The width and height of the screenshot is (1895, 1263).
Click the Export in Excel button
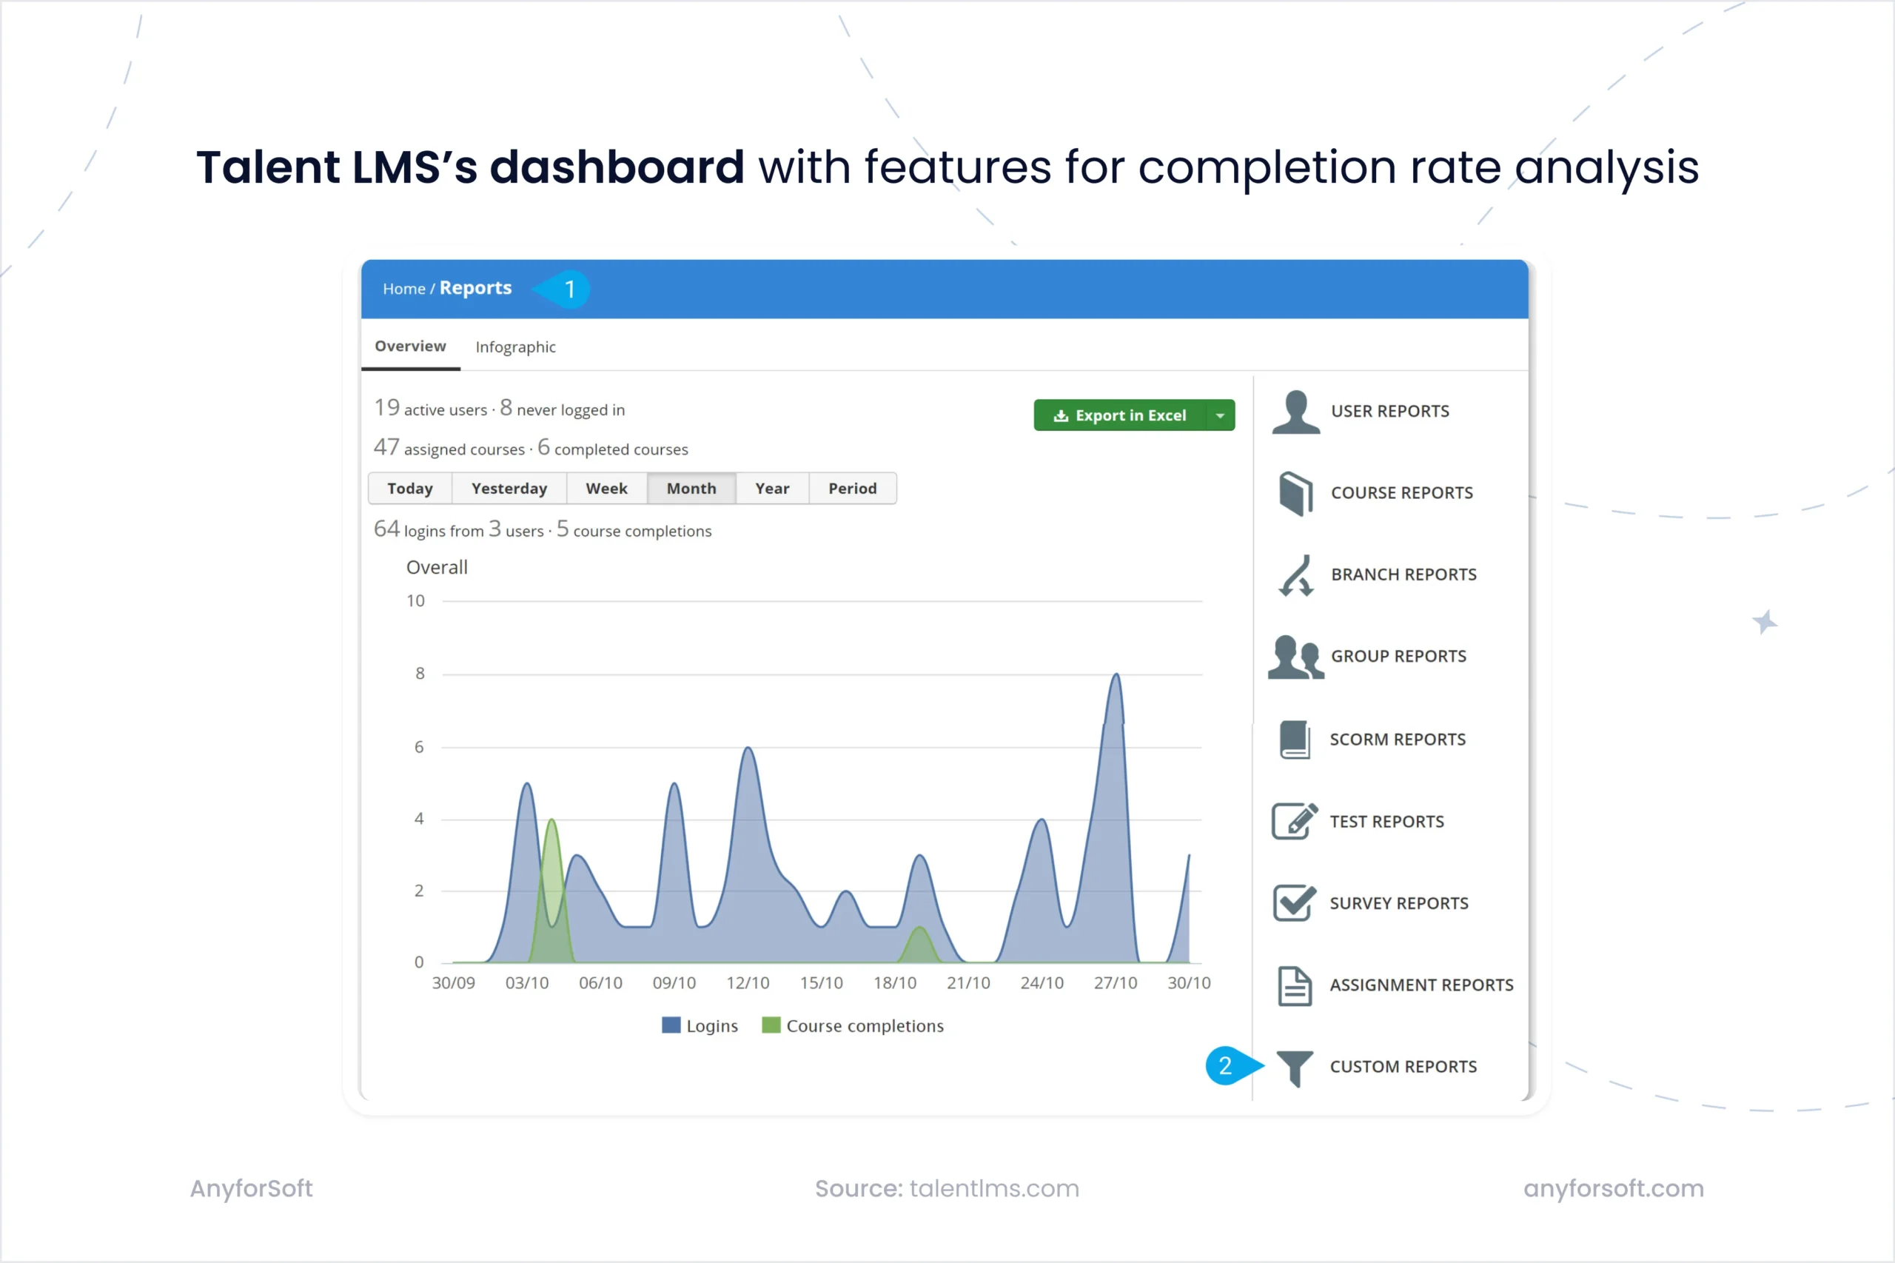coord(1120,415)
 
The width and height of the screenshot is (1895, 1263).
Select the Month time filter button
coord(691,489)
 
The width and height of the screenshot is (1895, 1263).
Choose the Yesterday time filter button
coord(509,489)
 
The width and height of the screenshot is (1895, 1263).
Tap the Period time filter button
coord(852,489)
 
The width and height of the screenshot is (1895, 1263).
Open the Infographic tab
coord(515,347)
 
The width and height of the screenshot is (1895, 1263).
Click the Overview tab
coord(410,346)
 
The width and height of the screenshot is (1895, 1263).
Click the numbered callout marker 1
coord(568,289)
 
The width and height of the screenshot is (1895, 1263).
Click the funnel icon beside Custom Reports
coord(1295,1068)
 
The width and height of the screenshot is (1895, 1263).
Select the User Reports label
coord(1390,412)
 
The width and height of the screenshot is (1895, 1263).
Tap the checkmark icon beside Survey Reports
coord(1294,903)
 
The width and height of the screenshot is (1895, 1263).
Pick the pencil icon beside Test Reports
coord(1294,822)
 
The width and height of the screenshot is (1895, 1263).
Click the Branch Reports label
coord(1403,575)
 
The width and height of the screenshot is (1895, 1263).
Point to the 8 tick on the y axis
coord(420,674)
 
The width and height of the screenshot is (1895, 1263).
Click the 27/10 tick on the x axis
coord(1116,983)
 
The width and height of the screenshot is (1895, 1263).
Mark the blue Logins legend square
coord(671,1025)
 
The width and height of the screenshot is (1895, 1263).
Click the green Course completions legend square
coord(771,1025)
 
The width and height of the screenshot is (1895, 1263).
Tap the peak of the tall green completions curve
coord(551,820)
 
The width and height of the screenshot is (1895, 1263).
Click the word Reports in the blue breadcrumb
coord(475,289)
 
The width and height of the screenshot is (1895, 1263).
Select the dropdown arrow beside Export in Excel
coord(1220,415)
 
